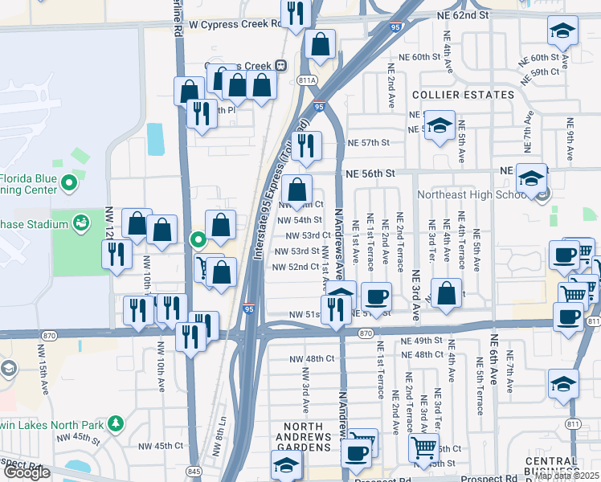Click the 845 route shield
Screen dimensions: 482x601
(x=193, y=471)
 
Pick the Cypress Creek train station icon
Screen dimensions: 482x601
(x=280, y=66)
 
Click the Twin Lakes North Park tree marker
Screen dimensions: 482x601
(x=116, y=423)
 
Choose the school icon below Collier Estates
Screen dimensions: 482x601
(x=440, y=126)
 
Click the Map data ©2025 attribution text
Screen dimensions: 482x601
(x=566, y=476)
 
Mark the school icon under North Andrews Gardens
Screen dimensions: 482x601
(x=285, y=466)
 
